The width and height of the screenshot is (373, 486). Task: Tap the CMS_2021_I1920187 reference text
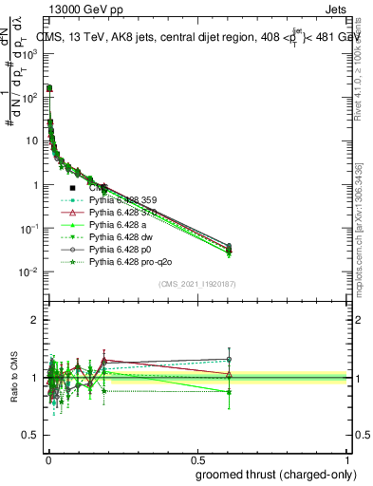point(196,283)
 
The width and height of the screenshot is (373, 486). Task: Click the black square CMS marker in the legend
point(72,188)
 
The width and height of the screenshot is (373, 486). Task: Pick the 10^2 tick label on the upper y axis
point(28,97)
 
